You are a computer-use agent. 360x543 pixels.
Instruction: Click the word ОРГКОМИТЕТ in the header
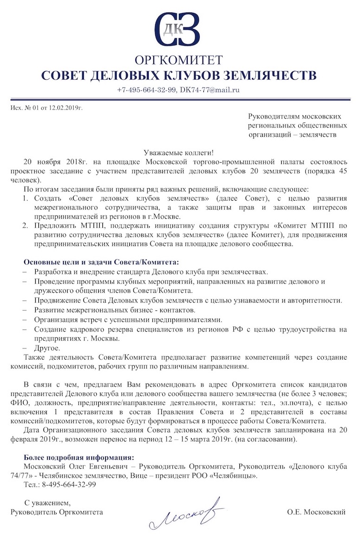pos(179,60)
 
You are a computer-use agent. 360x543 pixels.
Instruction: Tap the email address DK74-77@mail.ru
pos(209,90)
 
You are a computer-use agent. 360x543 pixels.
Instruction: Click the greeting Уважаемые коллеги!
pos(179,152)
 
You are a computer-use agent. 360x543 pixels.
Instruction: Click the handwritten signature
pos(185,514)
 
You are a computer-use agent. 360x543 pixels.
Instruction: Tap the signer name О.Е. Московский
pos(316,512)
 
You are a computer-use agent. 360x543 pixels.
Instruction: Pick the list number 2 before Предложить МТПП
pos(26,226)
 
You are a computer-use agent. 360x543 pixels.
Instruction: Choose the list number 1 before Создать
pos(26,198)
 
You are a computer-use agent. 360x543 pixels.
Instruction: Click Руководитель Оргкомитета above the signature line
pos(57,512)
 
